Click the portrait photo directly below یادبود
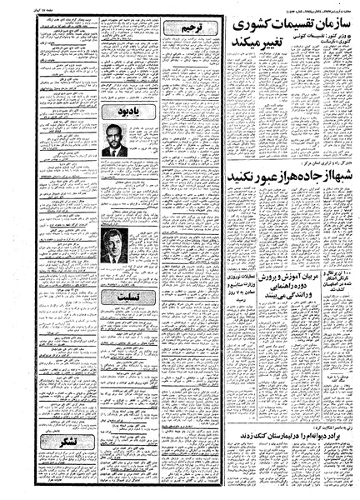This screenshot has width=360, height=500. tap(114, 140)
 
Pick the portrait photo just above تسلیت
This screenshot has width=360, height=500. tap(113, 247)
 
